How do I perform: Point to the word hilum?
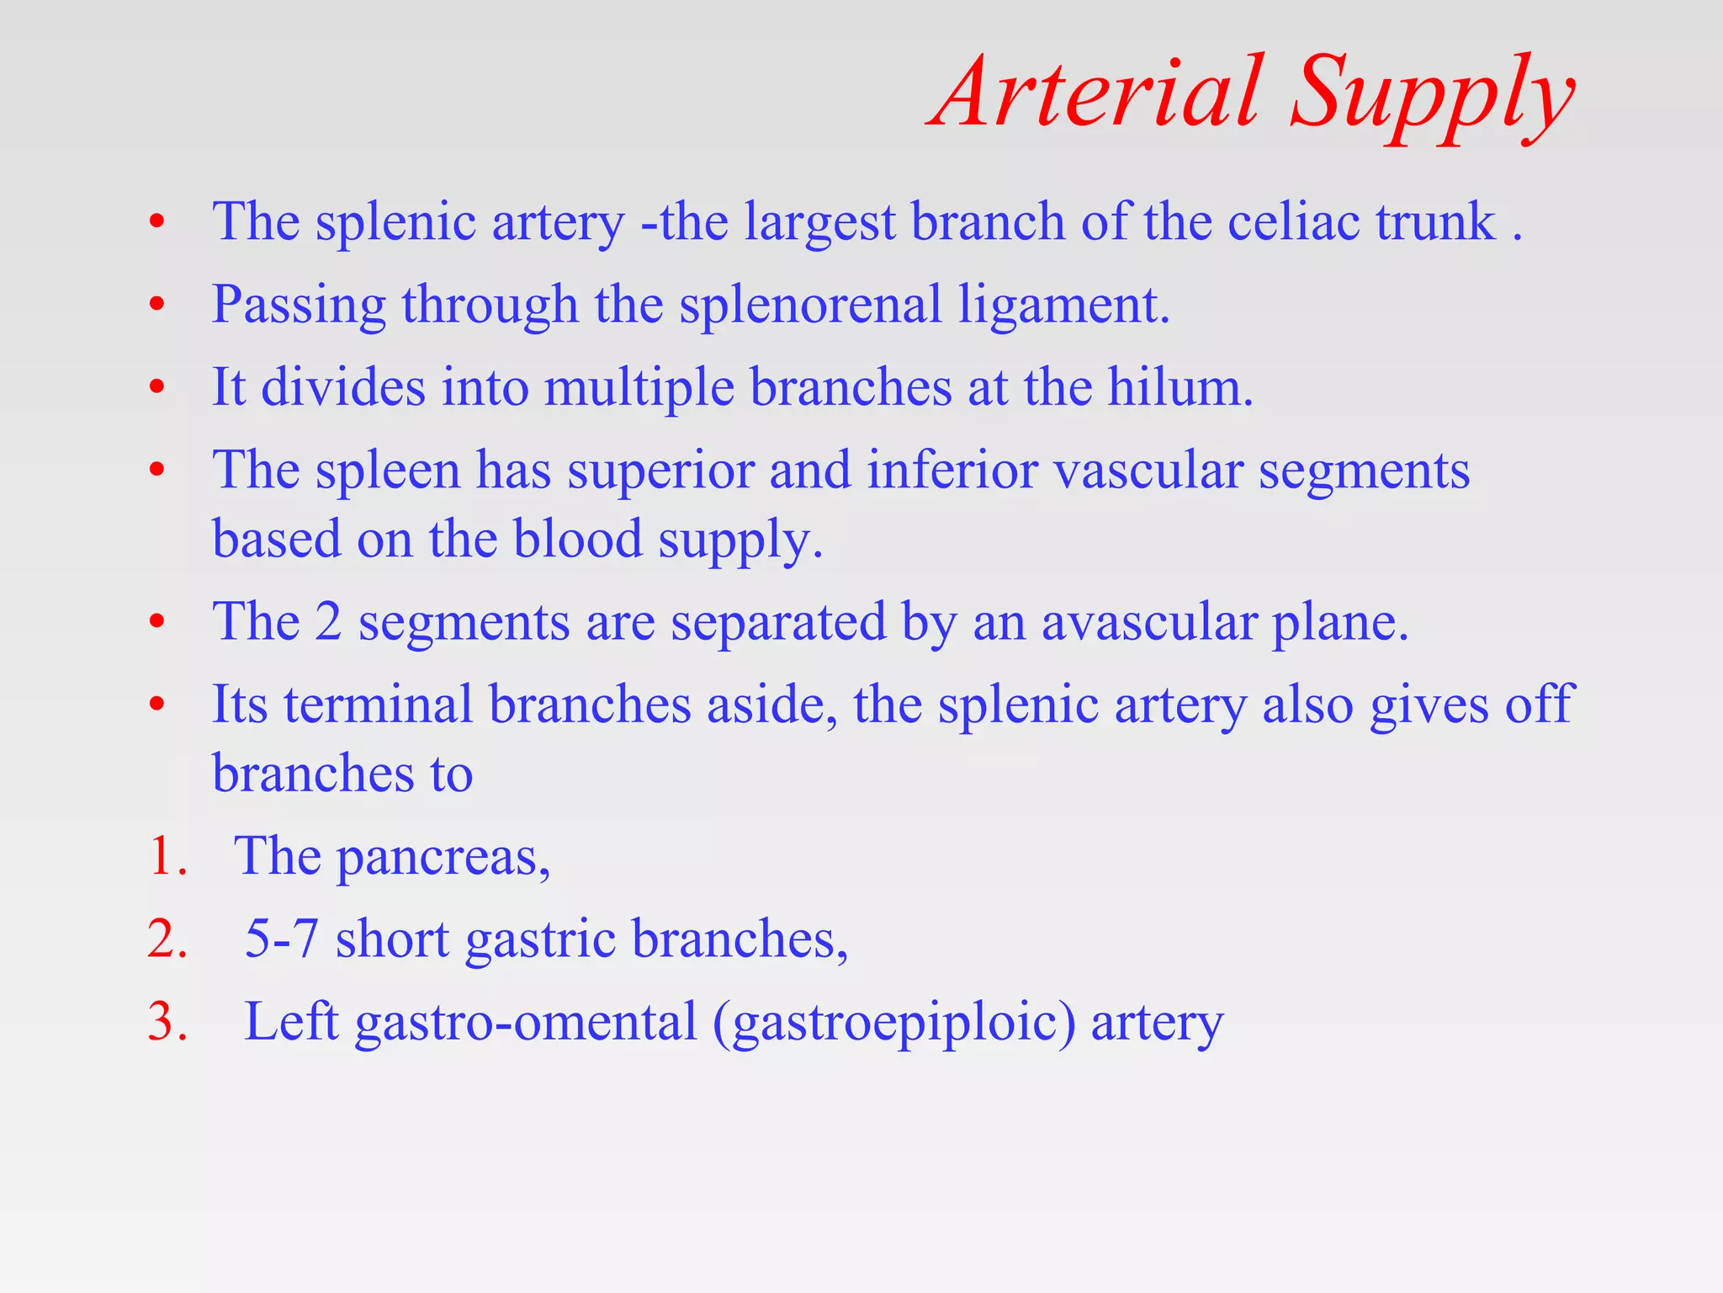tap(1180, 387)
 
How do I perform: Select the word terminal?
tap(378, 705)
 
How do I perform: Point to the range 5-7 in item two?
tap(282, 939)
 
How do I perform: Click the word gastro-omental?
tap(526, 1023)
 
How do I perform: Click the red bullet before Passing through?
tap(156, 305)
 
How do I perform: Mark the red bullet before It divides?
tap(156, 387)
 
